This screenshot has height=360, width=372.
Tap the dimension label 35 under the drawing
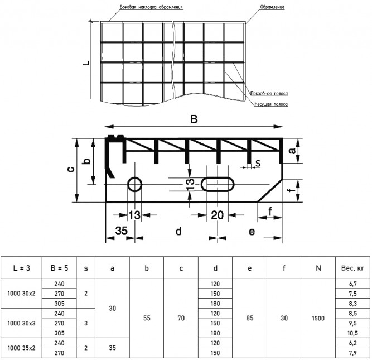(121, 231)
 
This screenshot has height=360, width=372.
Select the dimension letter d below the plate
(178, 231)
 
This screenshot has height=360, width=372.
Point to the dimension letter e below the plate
(252, 232)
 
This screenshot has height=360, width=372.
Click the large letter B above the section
(194, 119)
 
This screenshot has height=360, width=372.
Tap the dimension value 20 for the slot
(217, 215)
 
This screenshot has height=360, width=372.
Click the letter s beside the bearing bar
(258, 164)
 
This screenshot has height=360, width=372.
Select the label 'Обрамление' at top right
(272, 7)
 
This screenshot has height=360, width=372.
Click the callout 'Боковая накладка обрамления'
(151, 7)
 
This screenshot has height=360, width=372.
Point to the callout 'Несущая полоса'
(271, 104)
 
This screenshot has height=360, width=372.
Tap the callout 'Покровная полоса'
(269, 94)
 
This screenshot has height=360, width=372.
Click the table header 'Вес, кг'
(352, 268)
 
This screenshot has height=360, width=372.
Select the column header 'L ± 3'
(21, 268)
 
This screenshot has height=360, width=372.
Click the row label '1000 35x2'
(21, 348)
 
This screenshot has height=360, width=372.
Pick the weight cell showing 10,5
(352, 333)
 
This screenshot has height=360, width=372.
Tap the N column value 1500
(318, 318)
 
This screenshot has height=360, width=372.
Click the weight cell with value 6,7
(352, 284)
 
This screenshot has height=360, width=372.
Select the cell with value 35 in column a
(112, 348)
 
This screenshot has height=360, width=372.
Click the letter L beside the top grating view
(86, 63)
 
